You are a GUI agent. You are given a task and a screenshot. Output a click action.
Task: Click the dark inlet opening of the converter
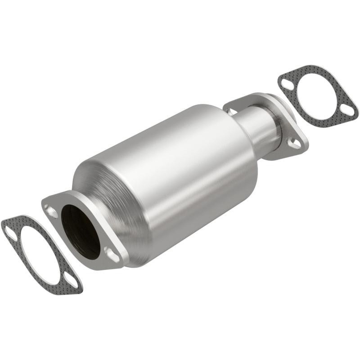click(x=80, y=230)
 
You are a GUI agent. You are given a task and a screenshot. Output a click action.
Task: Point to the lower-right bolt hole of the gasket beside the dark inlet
click(x=73, y=284)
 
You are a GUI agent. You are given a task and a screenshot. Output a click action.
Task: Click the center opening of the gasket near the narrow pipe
click(x=318, y=95)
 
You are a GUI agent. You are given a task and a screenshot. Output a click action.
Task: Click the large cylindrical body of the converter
click(x=180, y=171)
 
